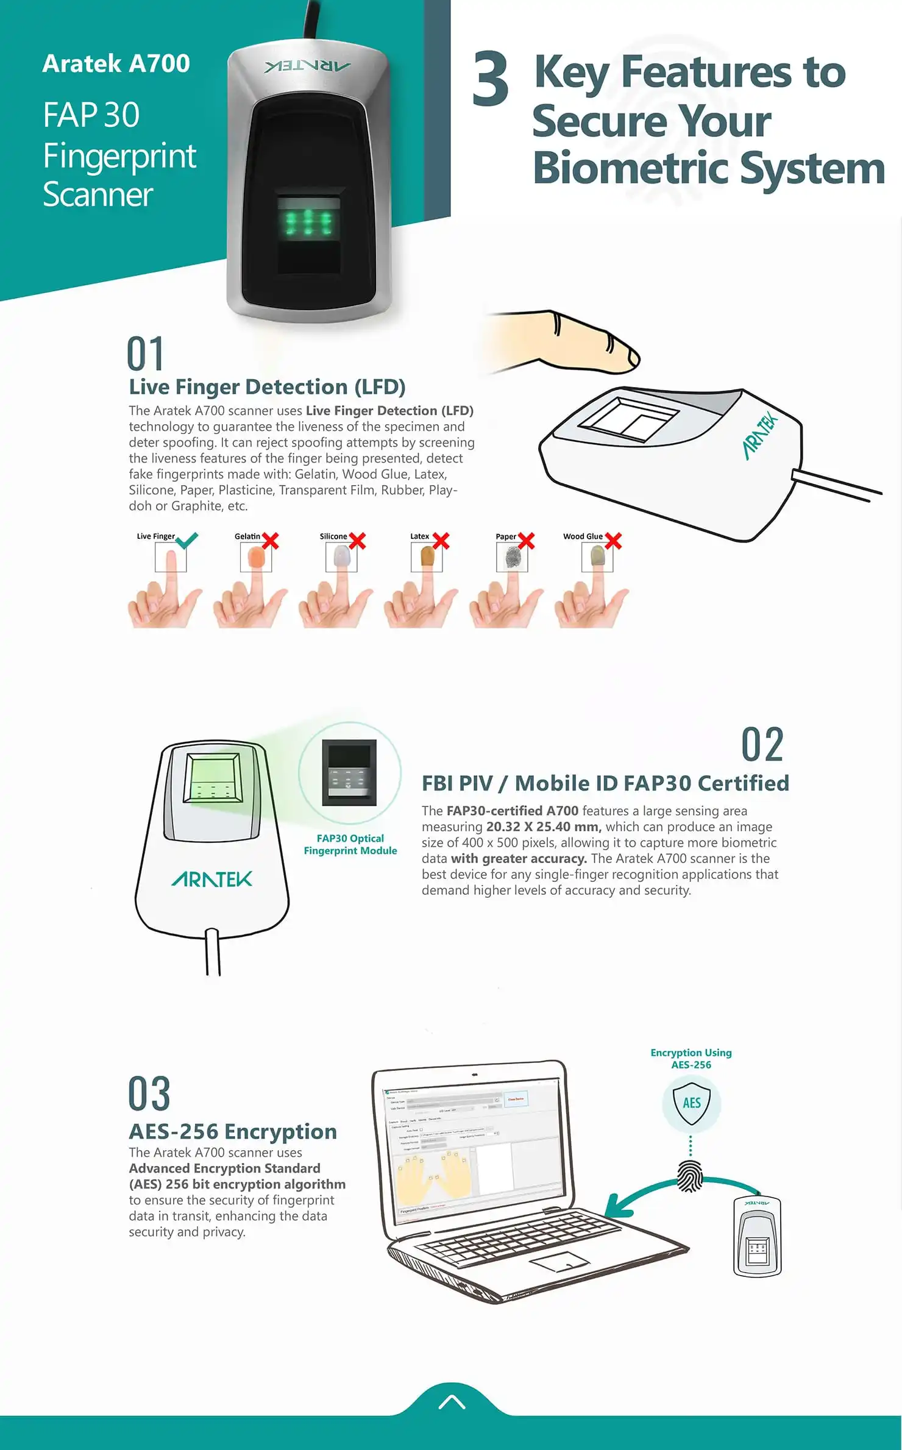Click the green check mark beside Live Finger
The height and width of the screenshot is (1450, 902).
(x=186, y=540)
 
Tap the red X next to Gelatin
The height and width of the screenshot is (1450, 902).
(x=270, y=541)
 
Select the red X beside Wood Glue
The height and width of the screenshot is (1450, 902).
(x=613, y=541)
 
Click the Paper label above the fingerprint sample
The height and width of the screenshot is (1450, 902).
(x=506, y=536)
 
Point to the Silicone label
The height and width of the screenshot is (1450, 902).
(x=333, y=536)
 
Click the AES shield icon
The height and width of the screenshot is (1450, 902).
(x=691, y=1103)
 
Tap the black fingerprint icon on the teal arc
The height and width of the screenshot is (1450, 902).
(x=691, y=1176)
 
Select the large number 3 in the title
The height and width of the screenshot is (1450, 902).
(x=491, y=79)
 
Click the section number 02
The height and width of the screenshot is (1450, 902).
(x=762, y=745)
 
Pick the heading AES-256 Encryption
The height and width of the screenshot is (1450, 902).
(x=233, y=1131)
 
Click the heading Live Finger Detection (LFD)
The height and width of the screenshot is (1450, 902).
(x=267, y=387)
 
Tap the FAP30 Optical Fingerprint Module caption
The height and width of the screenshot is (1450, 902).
(x=350, y=844)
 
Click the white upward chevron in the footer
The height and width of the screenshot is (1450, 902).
(x=452, y=1402)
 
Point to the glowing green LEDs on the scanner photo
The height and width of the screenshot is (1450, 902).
(x=309, y=224)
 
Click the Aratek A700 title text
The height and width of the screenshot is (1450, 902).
(x=116, y=63)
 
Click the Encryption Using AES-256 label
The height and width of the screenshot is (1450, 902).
(x=691, y=1058)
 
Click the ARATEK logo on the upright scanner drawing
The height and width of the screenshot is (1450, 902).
(x=211, y=879)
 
